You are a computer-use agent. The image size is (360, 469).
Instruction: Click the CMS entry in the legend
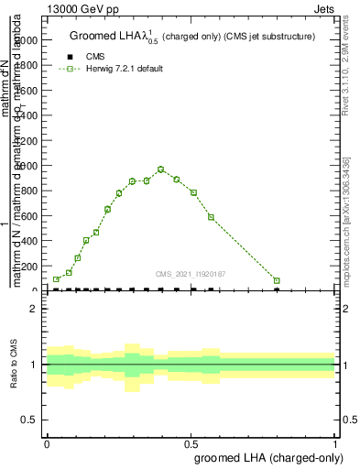click(94, 57)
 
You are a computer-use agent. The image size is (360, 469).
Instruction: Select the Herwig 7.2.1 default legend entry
click(124, 69)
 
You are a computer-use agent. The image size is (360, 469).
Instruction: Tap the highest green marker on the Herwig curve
click(160, 169)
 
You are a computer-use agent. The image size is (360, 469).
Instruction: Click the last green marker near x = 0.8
click(277, 281)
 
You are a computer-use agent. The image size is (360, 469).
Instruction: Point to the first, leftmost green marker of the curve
click(57, 279)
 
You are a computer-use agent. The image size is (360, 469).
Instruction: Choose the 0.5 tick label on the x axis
click(191, 442)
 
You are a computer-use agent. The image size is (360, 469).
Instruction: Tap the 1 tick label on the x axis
click(335, 442)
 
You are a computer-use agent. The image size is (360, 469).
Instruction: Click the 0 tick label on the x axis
click(47, 442)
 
